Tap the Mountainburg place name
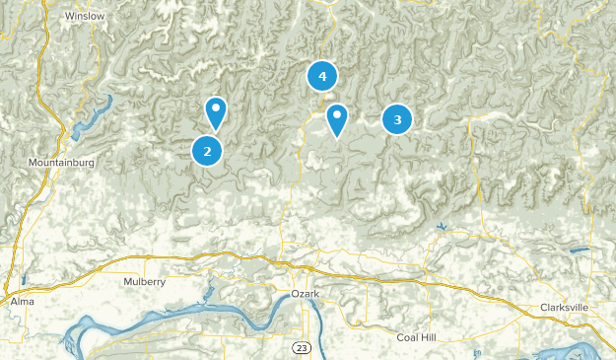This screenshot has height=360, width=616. coord(60,161)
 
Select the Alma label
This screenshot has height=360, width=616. coord(22,300)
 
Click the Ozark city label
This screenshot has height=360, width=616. coord(307,295)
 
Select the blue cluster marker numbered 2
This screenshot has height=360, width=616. coord(207,151)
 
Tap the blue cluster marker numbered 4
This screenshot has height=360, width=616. coord(322,75)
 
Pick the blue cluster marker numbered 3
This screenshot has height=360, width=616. coord(397,119)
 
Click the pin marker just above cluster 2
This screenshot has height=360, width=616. coord(216,111)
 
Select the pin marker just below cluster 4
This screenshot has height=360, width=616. coord(337,119)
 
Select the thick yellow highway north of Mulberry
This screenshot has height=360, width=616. coord(158,260)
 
